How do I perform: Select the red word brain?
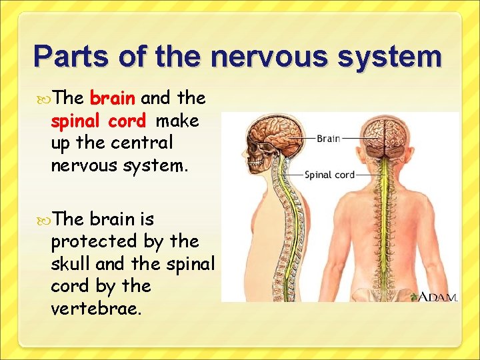[x=113, y=99]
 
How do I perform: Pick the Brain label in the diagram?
[x=328, y=139]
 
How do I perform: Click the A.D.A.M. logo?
[x=437, y=297]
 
